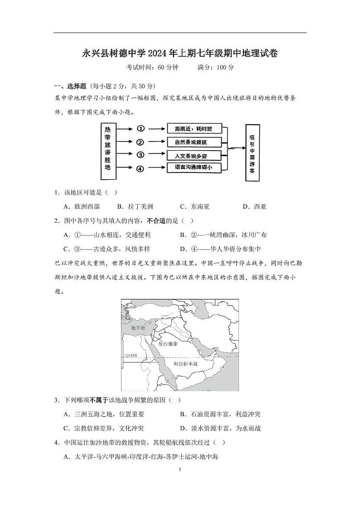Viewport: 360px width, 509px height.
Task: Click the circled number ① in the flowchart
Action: [x=141, y=128]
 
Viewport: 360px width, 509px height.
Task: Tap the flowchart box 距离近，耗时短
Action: [x=195, y=129]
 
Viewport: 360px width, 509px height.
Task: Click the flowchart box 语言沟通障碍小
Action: [x=195, y=168]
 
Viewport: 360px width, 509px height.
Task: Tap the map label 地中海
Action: [x=138, y=328]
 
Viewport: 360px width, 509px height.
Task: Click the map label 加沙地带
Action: [x=168, y=344]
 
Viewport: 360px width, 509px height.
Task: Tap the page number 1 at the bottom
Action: [x=180, y=470]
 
